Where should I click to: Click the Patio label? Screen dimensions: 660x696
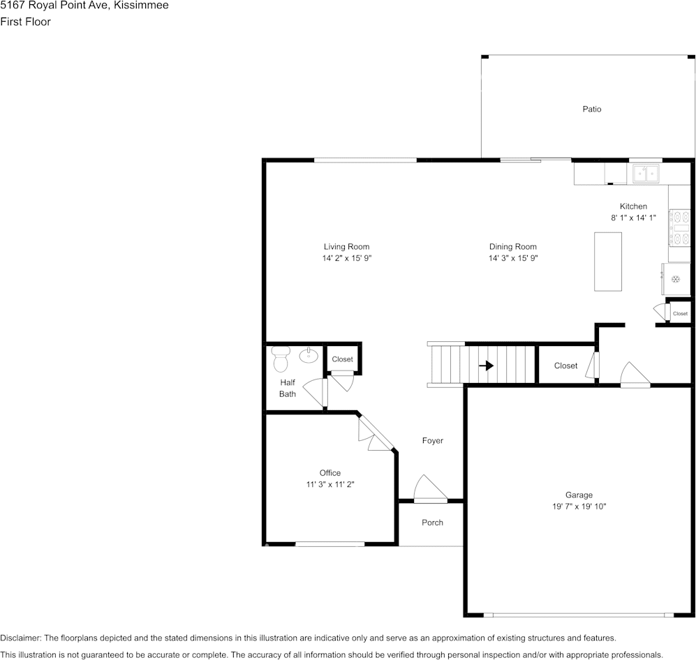[591, 109]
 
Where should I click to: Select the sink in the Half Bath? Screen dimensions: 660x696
[309, 356]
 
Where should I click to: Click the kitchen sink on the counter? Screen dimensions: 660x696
[646, 173]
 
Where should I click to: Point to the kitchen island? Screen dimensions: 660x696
[607, 262]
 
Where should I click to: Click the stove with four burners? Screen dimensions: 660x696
[679, 228]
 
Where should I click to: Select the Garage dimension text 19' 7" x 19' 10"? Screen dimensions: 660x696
[579, 507]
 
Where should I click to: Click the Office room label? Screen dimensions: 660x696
[330, 473]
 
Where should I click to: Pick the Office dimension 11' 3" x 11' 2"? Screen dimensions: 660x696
[330, 484]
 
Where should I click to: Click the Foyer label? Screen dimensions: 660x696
[432, 441]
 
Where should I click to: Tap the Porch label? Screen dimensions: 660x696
[432, 523]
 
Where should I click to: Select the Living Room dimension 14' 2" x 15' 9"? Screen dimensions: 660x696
[346, 258]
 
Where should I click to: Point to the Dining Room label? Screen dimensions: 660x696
[512, 247]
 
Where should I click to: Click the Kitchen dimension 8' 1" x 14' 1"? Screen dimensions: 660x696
[633, 218]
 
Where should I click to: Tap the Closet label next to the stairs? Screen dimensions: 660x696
[565, 366]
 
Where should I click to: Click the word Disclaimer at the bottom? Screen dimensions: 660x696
[20, 638]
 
